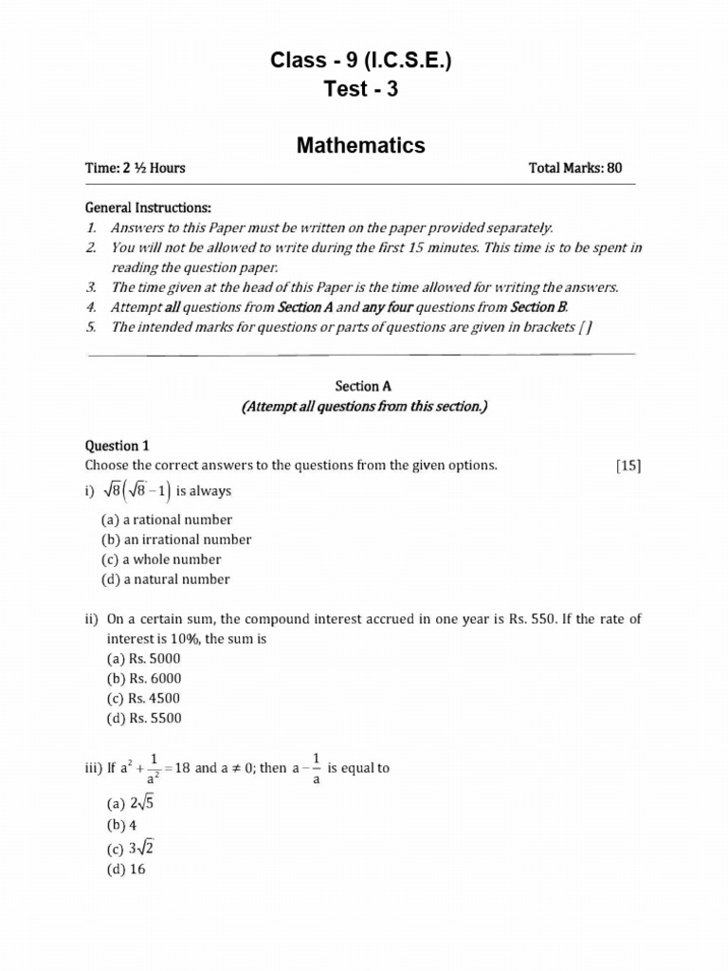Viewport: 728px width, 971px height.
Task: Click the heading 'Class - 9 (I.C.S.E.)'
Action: (360, 62)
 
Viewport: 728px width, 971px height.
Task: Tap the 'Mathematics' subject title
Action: (360, 145)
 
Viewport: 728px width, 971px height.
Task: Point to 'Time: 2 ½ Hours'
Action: (136, 169)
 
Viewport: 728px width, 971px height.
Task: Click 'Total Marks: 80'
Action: (575, 169)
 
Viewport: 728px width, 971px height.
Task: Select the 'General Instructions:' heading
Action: (149, 208)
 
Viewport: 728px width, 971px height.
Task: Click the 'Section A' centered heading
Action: (363, 387)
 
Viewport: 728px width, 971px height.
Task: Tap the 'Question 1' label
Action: (118, 446)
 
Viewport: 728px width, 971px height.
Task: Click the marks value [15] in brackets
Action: (628, 466)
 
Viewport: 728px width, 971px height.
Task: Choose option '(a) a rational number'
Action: (167, 520)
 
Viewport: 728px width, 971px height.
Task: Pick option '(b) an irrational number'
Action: (176, 540)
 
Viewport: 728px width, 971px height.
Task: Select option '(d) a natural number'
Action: (166, 579)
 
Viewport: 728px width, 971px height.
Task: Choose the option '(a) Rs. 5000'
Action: (143, 658)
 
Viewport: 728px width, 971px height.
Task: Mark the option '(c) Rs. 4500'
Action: (143, 698)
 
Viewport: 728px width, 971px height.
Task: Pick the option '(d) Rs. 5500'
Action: (143, 718)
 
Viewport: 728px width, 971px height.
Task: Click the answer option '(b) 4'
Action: (121, 825)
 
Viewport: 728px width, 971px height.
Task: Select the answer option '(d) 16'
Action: (125, 869)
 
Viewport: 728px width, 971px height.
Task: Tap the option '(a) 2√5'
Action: (128, 803)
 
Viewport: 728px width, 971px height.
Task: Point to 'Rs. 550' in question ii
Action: (531, 619)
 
